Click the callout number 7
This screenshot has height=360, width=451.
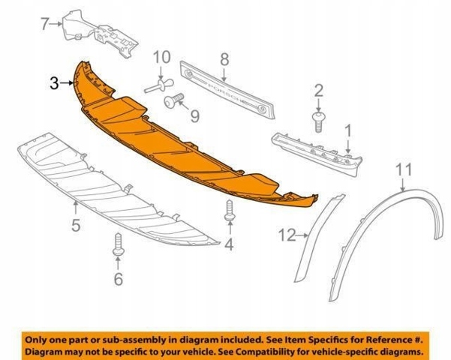point(44,24)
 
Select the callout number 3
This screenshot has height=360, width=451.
point(54,83)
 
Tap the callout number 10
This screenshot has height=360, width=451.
point(161,57)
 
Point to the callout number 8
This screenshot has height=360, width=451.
point(224,59)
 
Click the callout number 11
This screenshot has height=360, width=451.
point(404,169)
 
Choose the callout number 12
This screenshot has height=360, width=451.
point(287,235)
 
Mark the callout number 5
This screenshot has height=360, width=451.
point(76,225)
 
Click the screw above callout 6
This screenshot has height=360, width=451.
point(119,244)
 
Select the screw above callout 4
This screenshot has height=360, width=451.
point(230,211)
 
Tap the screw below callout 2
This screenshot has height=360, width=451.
point(318,122)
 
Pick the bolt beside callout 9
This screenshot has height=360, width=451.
point(174,100)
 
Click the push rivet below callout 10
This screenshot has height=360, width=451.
point(159,86)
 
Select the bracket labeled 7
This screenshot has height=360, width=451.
point(101,34)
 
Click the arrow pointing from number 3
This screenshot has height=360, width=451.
point(67,83)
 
